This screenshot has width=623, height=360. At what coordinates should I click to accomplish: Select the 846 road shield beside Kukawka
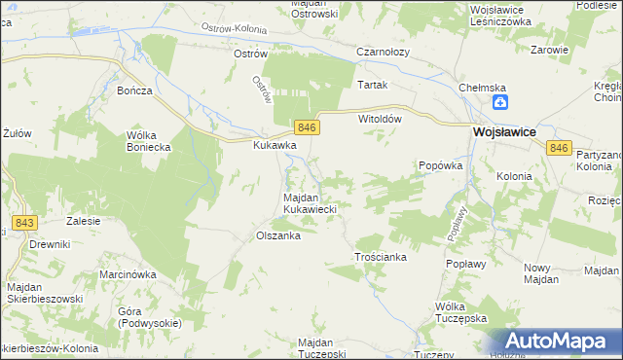click(306, 127)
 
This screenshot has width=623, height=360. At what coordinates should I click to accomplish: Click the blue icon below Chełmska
click(499, 102)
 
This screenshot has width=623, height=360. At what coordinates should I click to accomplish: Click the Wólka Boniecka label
click(149, 141)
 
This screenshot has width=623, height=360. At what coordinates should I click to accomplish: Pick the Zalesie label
click(84, 221)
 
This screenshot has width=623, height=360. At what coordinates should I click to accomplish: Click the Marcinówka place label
click(128, 274)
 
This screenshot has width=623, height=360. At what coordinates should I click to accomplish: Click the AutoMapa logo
click(556, 341)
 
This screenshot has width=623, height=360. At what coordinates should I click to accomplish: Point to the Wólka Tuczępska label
click(460, 312)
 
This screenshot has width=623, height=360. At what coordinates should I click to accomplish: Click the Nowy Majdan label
click(540, 273)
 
